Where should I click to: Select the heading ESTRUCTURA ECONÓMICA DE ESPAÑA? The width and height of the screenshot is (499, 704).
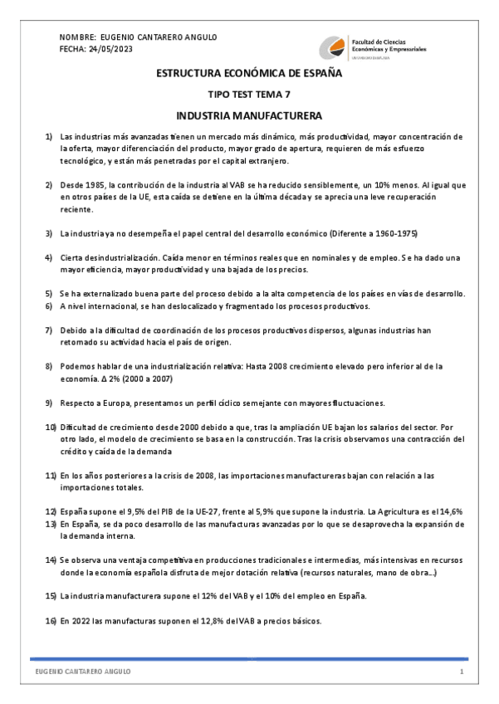(x=249, y=74)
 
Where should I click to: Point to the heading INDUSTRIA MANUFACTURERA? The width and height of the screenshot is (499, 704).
(x=249, y=115)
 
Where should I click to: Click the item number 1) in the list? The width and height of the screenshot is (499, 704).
(x=49, y=136)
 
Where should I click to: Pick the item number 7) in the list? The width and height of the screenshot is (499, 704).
(x=49, y=330)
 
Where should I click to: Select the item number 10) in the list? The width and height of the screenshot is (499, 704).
(x=49, y=427)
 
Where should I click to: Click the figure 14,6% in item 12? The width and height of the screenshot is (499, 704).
(x=448, y=511)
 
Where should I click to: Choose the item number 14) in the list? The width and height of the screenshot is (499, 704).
(x=49, y=560)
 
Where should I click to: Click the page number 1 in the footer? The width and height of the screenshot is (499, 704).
(x=461, y=671)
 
